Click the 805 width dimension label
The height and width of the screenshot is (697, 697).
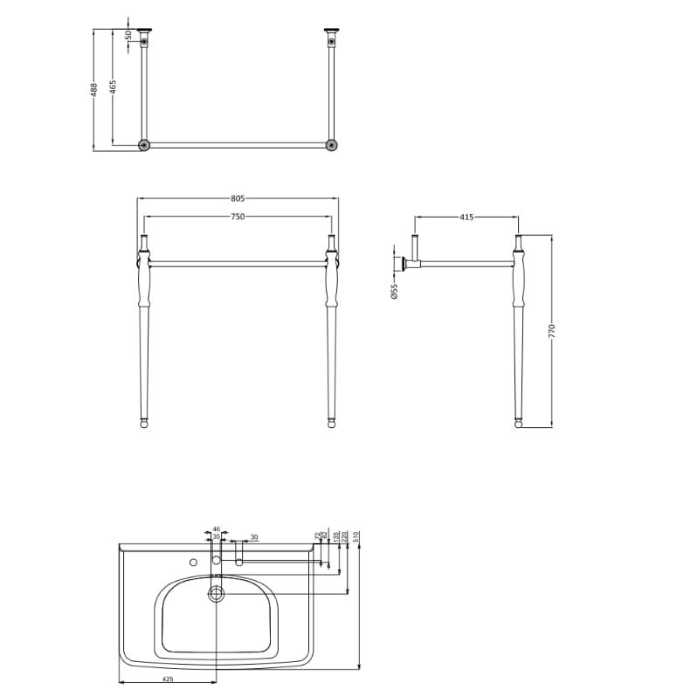coord(237,198)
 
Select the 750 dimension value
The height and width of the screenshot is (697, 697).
coord(237,216)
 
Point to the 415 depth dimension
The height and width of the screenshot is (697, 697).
coord(466,217)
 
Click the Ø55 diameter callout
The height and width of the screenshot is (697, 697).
coord(394,292)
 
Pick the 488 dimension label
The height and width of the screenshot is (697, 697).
coord(94,89)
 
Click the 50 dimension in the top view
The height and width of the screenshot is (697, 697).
coord(128,36)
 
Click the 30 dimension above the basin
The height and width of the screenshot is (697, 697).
coord(254,536)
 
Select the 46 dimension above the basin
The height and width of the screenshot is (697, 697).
coord(217,528)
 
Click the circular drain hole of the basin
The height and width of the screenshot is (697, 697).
coord(216,593)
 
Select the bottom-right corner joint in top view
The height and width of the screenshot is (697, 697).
coord(331,145)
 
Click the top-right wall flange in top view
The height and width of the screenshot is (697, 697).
coord(331,31)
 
